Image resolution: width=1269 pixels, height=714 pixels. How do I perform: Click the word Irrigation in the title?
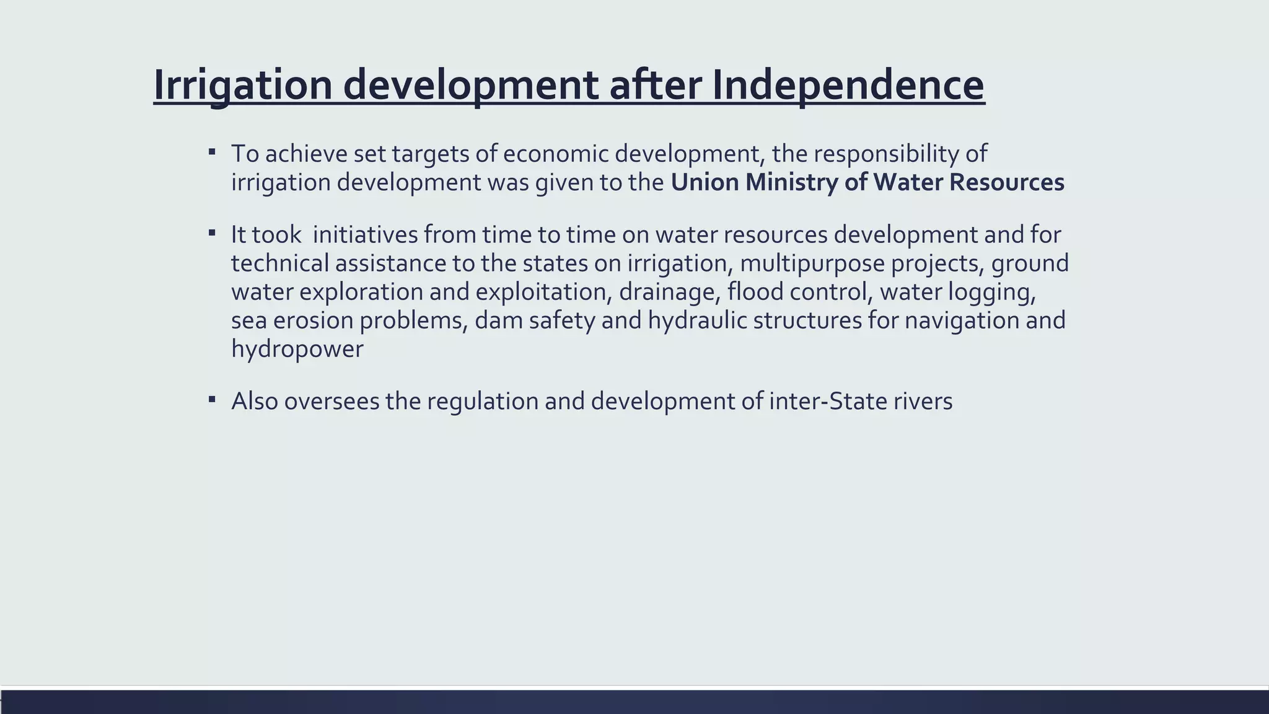tap(242, 85)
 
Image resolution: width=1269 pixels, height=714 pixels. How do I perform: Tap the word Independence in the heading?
tap(847, 85)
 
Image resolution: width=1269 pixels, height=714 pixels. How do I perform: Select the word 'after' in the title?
tap(655, 85)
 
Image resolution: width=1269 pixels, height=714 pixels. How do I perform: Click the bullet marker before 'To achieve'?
tap(212, 151)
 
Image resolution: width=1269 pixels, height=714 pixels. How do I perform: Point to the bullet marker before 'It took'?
tap(212, 233)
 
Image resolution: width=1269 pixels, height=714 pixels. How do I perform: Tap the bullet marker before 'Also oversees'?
tap(212, 399)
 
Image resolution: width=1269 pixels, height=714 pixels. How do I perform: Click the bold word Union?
tap(705, 182)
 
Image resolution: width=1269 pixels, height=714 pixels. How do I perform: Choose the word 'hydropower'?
tap(297, 349)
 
